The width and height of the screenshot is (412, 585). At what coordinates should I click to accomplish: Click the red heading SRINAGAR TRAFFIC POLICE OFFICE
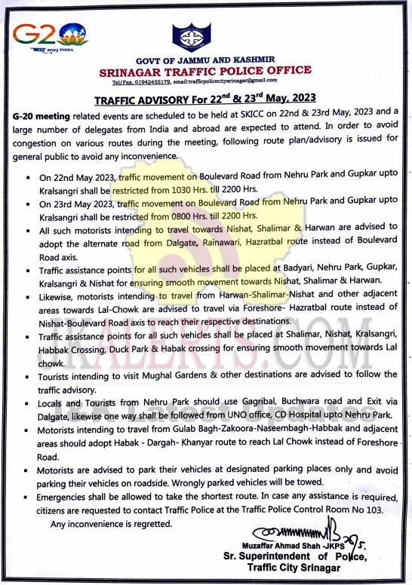pos(205,69)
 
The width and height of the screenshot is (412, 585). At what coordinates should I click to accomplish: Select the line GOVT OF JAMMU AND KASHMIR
pos(205,59)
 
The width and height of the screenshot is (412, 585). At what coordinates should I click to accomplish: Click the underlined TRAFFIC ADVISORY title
pos(204,98)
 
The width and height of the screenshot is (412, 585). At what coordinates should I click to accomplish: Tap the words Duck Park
pos(137,349)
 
